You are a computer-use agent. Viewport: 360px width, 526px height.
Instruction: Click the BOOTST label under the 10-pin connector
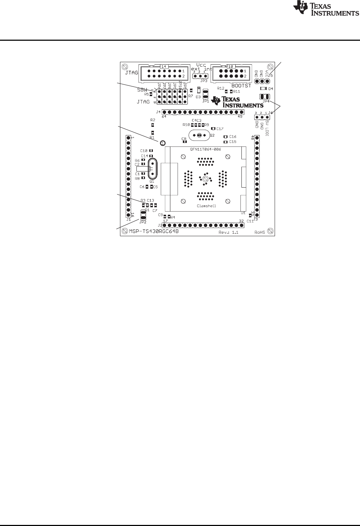(242, 86)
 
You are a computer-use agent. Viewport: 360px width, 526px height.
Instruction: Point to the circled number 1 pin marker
(162, 143)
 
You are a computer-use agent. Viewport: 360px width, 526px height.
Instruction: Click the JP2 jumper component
(143, 216)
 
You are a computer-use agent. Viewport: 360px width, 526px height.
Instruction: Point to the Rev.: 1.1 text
(228, 233)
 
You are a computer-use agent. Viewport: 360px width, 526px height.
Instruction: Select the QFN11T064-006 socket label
(204, 149)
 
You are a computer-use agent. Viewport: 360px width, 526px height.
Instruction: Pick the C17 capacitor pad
(213, 129)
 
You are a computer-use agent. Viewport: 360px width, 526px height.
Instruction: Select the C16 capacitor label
(233, 137)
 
